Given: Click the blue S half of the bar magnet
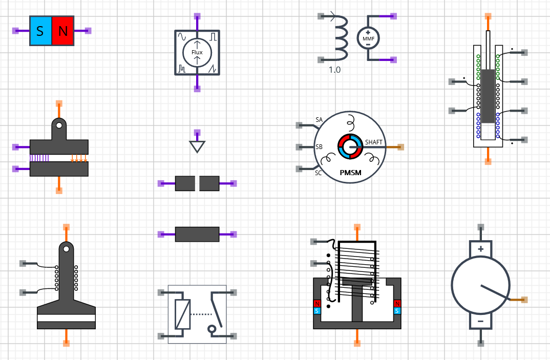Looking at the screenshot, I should click(x=40, y=31).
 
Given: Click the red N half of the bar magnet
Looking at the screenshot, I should click(x=62, y=31).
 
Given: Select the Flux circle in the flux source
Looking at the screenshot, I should click(x=197, y=52).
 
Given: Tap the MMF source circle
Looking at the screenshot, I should click(x=368, y=38).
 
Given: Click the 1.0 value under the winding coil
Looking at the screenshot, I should click(x=334, y=70).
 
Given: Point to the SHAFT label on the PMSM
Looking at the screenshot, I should click(x=373, y=142).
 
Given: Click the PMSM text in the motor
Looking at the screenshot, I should click(x=350, y=173).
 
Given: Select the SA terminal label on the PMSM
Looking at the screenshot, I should click(x=319, y=120).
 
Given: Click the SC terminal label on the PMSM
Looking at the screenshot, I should click(x=319, y=173).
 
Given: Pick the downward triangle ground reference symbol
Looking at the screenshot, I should click(x=197, y=146).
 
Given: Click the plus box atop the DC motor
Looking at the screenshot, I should click(x=480, y=249).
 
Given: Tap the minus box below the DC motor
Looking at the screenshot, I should click(x=480, y=322).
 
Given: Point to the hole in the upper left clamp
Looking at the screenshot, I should click(x=59, y=125).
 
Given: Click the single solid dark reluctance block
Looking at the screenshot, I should click(x=197, y=234).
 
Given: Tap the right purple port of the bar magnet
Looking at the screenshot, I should click(x=88, y=31).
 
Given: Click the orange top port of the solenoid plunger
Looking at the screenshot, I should click(x=489, y=16).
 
